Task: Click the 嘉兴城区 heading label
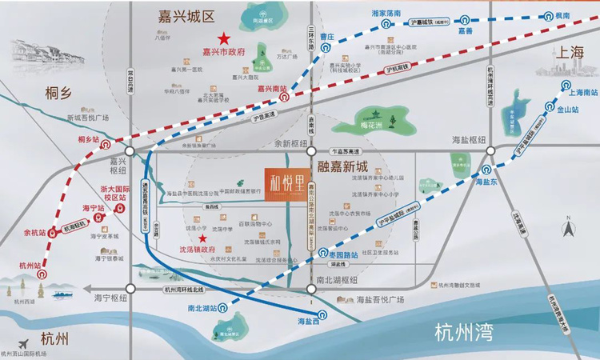point(187,15)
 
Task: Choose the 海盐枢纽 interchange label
point(466,140)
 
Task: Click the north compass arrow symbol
point(568,230)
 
